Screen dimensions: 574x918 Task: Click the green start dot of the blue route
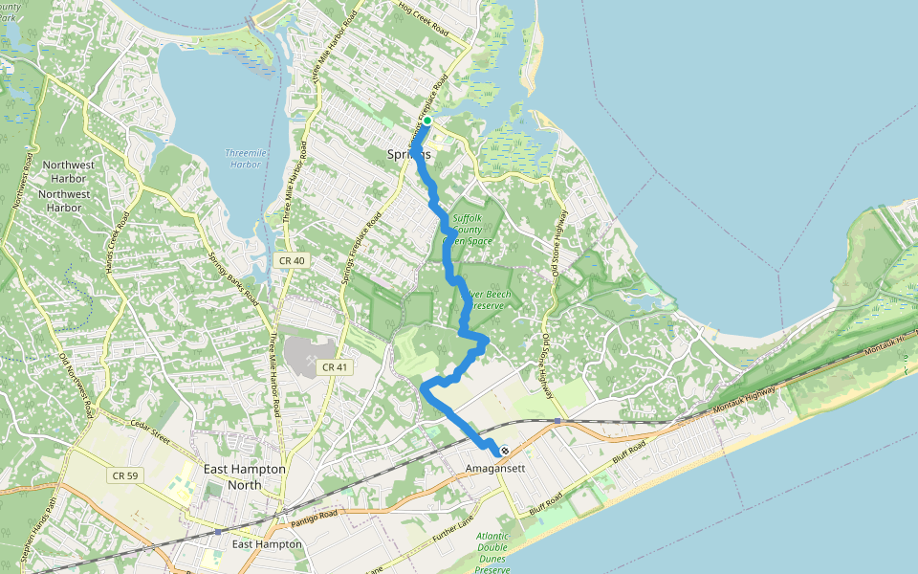tap(427, 121)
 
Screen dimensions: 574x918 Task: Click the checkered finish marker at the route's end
tap(504, 452)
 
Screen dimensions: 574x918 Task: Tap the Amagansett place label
tap(496, 469)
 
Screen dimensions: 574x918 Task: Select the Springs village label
tap(409, 154)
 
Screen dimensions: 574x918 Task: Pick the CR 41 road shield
tap(333, 366)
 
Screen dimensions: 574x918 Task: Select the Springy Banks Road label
tap(233, 278)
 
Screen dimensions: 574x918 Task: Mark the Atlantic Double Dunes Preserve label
tap(493, 552)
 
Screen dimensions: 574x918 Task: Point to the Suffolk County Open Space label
tap(470, 230)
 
